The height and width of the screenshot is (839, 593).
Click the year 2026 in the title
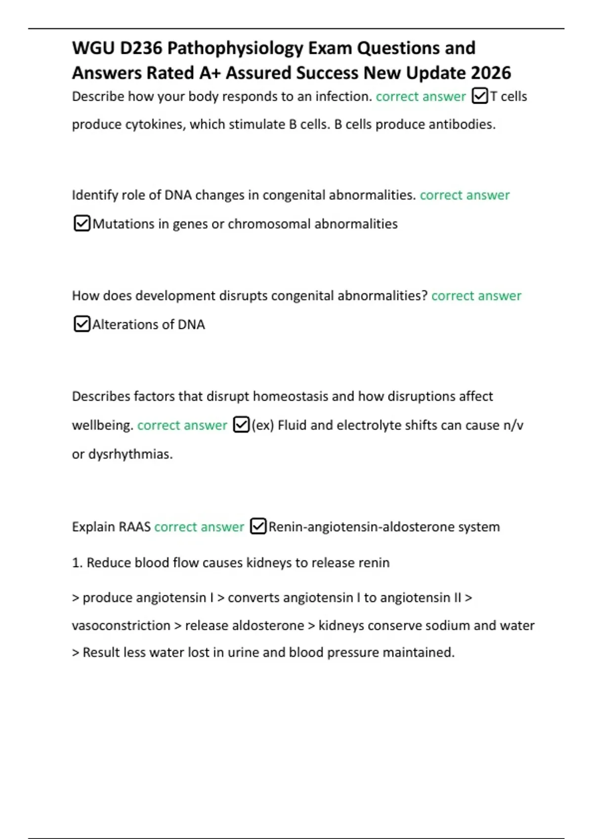coord(491,73)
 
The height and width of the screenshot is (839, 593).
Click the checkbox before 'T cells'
coord(480,96)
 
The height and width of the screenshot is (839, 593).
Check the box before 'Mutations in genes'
coord(82,224)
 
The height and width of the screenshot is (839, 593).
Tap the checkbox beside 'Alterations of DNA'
coord(82,324)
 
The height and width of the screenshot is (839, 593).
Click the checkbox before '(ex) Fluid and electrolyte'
coord(241,425)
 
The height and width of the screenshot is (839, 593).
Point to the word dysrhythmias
coord(130,454)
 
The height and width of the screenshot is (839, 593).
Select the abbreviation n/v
coord(513,425)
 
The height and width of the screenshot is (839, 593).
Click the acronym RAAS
coord(135,527)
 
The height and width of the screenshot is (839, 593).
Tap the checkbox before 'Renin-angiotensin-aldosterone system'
coord(258,527)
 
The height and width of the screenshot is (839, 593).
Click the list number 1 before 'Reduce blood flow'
coord(77,563)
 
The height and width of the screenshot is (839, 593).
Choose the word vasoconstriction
coord(121,625)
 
